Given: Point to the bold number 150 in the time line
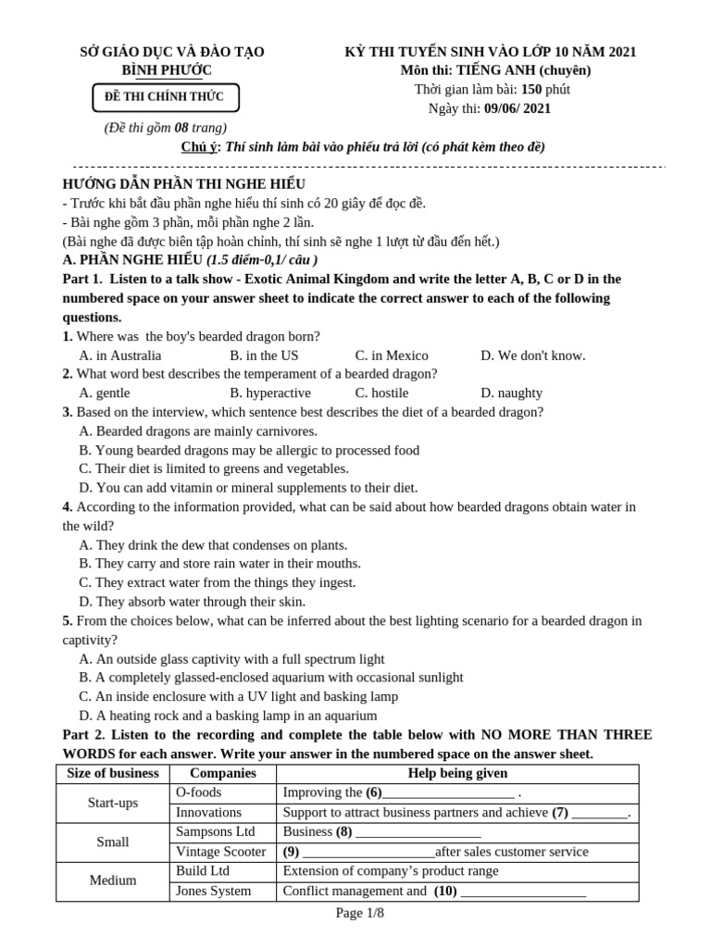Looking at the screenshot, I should [530, 90].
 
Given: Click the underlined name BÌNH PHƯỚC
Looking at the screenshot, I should [167, 70].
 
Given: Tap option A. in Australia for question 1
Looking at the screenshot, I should [120, 355].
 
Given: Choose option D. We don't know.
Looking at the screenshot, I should [532, 355].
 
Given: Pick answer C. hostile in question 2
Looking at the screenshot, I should [381, 393].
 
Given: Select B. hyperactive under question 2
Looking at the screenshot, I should [270, 393].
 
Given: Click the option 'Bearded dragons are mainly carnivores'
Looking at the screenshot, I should [198, 431].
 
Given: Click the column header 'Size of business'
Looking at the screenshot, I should [114, 774].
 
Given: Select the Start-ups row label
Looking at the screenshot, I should [113, 803].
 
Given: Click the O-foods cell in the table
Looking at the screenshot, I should [199, 793].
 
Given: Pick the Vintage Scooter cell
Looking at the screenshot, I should [220, 852].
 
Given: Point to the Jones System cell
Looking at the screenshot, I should [213, 891].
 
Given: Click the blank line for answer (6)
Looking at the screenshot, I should [448, 794].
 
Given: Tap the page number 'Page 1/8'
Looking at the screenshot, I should [359, 913].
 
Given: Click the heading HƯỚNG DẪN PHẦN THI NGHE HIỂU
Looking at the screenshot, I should [183, 184].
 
